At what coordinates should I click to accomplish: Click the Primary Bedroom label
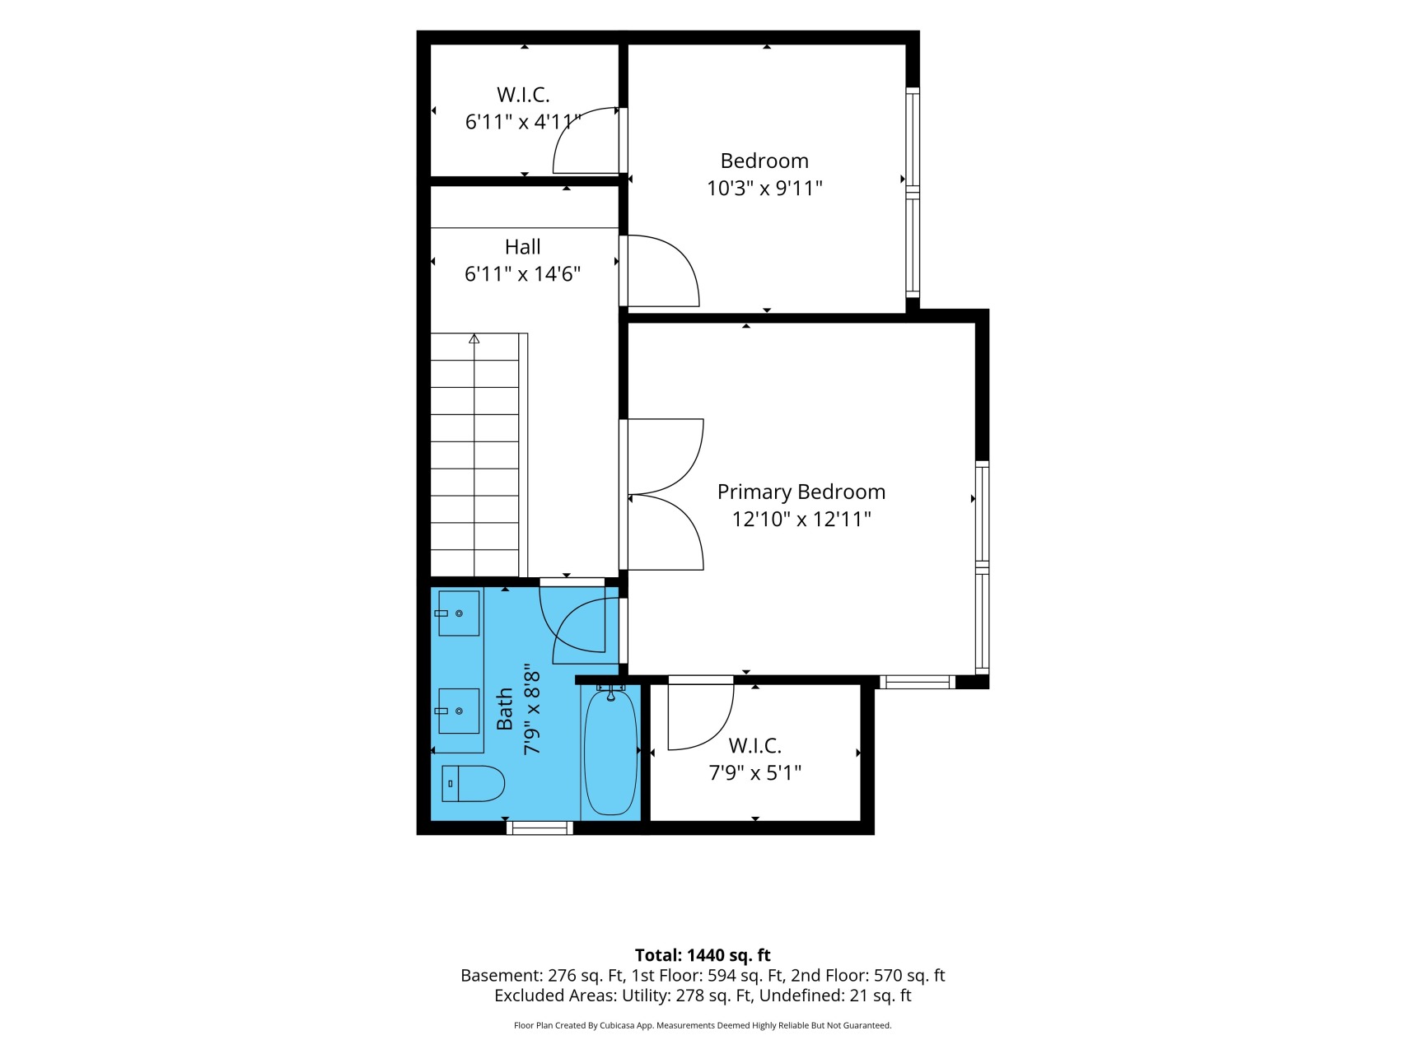click(801, 492)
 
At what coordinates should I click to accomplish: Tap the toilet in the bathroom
click(473, 784)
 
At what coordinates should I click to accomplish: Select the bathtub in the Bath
click(610, 752)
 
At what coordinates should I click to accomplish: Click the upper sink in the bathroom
click(458, 613)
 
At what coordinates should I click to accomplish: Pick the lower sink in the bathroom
click(458, 711)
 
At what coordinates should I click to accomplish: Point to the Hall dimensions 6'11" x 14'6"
click(522, 274)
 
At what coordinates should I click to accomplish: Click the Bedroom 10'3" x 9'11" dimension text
click(764, 189)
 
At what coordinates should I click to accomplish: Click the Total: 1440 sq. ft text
click(703, 955)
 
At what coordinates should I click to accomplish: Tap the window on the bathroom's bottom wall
click(540, 828)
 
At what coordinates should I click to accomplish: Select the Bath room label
click(505, 709)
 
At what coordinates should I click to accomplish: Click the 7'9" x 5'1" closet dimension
click(754, 773)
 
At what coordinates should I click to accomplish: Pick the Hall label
click(522, 247)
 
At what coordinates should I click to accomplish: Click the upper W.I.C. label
click(523, 95)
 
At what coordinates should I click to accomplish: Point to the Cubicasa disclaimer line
click(703, 1026)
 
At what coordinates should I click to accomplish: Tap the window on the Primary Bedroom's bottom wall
click(918, 682)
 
